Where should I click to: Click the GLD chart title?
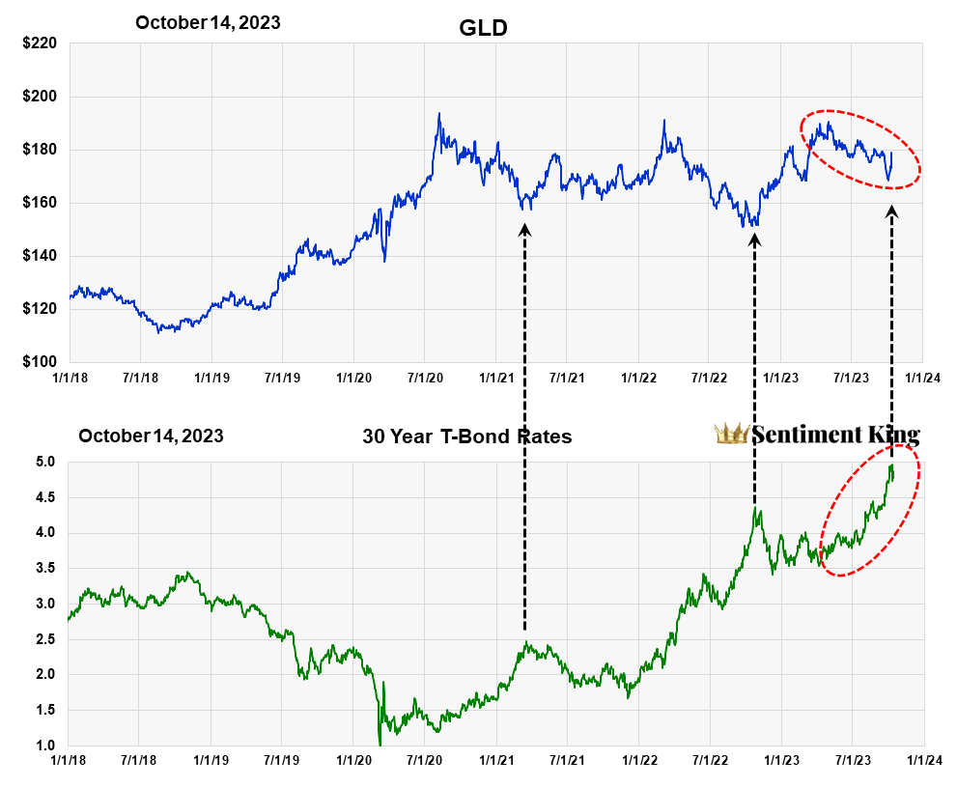pyautogui.click(x=482, y=29)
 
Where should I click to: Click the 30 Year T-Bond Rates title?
pyautogui.click(x=466, y=436)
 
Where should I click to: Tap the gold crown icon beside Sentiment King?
pyautogui.click(x=731, y=434)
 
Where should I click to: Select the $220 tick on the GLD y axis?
pyautogui.click(x=40, y=43)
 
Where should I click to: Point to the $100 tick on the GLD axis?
pyautogui.click(x=40, y=362)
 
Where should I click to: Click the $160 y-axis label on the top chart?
pyautogui.click(x=40, y=203)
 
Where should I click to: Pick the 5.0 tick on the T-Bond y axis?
pyautogui.click(x=47, y=463)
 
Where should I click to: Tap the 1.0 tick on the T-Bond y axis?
pyautogui.click(x=47, y=746)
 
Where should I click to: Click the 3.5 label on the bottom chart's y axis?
pyautogui.click(x=47, y=569)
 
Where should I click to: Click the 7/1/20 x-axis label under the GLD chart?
pyautogui.click(x=425, y=379)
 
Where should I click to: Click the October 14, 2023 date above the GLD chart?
pyautogui.click(x=208, y=22)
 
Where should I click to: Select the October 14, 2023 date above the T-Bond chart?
pyautogui.click(x=151, y=436)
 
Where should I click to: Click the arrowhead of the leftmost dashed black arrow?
pyautogui.click(x=524, y=230)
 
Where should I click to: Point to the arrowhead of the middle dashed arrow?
pyautogui.click(x=754, y=238)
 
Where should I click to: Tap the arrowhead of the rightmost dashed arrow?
pyautogui.click(x=891, y=211)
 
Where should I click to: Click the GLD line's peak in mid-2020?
pyautogui.click(x=438, y=114)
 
